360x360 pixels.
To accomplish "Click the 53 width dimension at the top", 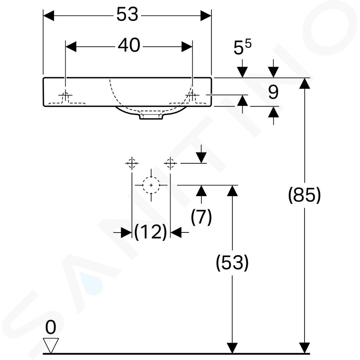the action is coord(127,14).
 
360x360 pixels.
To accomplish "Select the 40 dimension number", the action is coord(129,45).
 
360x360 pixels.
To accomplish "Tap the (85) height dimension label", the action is coord(304,195).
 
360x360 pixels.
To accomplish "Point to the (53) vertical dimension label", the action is coord(232,262).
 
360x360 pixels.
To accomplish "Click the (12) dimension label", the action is coord(151,232).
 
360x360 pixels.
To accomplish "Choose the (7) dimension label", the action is coord(201,217).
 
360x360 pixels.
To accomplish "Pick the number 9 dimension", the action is coord(273,92).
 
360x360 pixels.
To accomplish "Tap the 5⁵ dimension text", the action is coord(242,47).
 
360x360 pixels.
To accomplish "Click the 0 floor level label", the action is coord(51,327).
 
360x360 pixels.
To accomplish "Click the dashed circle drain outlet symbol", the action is coord(151,185).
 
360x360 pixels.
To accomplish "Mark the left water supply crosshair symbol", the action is coord(132,163).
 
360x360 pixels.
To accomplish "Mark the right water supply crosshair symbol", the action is coord(170,163).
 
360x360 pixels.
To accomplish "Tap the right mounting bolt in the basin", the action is coord(192,96).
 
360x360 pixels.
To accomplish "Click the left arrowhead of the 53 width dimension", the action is coord(49,16).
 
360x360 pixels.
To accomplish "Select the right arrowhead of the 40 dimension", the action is coord(187,46).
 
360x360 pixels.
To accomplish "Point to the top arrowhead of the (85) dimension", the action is coord(304,83).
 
